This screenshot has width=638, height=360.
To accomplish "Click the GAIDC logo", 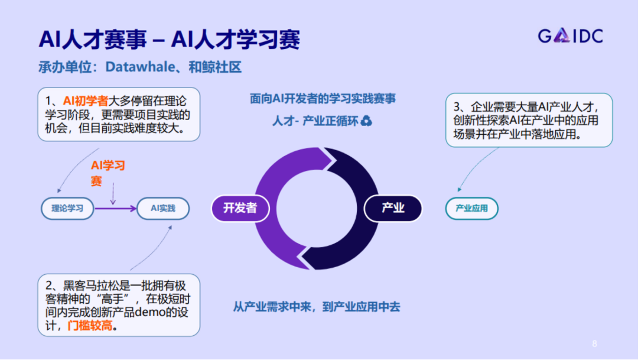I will pos(570,37).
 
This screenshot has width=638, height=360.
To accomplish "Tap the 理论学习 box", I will pos(67,208).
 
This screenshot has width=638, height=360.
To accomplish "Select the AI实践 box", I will pos(163,208).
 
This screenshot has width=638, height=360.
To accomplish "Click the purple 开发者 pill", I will pos(240,207).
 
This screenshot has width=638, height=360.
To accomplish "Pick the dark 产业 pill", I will pos(393,207).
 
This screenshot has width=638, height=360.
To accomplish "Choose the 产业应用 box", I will pos(471,208).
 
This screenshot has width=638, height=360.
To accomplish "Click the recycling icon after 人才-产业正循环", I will pos(367,121).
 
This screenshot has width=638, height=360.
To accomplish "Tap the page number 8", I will pos(594,343).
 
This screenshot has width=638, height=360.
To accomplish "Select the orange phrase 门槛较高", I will pos(89,325).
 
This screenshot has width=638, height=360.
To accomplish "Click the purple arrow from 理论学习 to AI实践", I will pos(115,208).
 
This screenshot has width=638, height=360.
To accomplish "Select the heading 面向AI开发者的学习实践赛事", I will pos(323,99).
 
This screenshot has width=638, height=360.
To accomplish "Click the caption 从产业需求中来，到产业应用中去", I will pos(317,307).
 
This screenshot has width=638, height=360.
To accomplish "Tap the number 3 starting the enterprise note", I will pos(457,108).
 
